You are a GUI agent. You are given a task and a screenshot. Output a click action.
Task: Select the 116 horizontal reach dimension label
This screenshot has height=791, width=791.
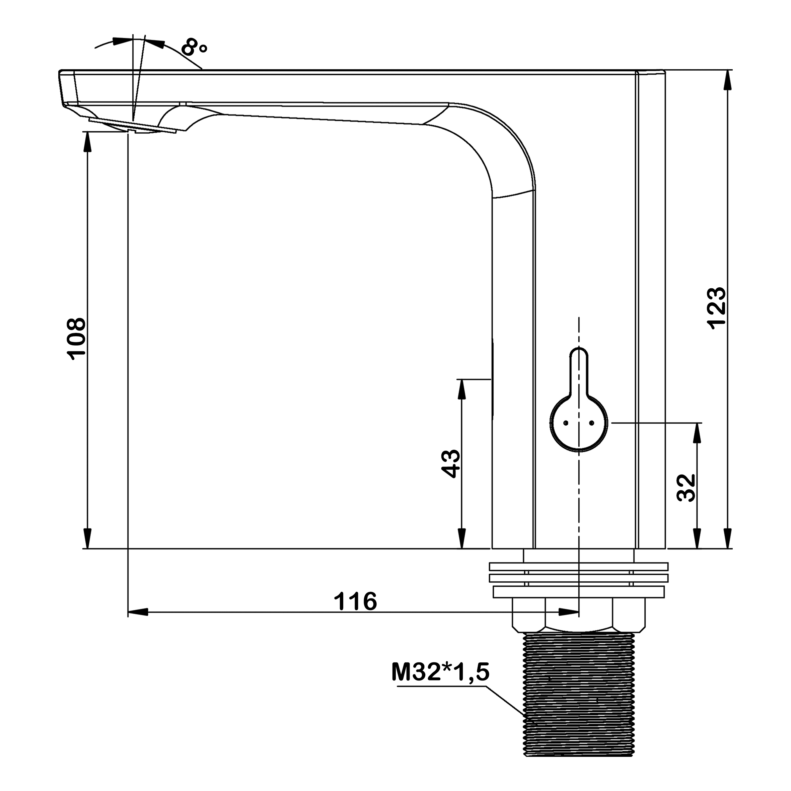[x=355, y=602]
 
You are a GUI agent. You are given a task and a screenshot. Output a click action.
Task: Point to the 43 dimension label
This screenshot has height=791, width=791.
[x=451, y=463]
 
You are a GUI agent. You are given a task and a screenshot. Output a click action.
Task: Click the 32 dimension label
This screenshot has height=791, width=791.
[x=686, y=488]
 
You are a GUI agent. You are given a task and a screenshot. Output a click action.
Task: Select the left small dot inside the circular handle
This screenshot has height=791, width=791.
[x=566, y=423]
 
